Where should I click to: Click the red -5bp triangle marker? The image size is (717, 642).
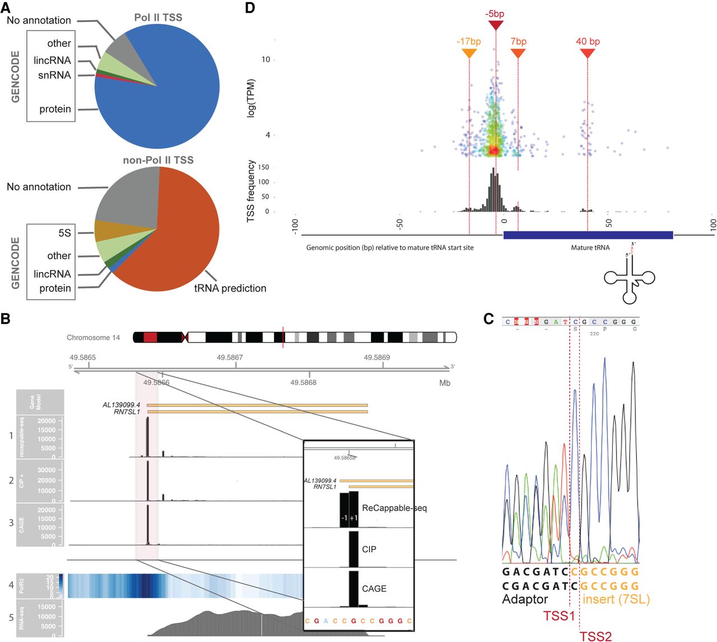(496, 25)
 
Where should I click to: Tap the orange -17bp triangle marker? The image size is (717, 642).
(469, 53)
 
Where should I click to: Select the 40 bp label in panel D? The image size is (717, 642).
(588, 41)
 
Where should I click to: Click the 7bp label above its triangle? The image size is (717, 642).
(518, 41)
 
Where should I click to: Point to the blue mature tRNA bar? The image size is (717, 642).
(588, 235)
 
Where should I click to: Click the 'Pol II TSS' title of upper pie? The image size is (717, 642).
(158, 17)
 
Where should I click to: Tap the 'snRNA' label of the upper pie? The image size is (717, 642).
(54, 75)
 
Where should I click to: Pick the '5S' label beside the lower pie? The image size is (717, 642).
(64, 233)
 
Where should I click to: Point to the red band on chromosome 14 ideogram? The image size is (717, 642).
(150, 337)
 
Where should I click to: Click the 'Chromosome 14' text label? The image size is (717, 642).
(93, 338)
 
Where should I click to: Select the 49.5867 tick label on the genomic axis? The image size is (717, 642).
(230, 357)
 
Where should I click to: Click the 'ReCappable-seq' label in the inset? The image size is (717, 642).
(394, 508)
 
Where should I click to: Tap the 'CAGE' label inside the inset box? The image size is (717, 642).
(374, 589)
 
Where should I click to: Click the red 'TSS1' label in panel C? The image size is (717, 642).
(558, 616)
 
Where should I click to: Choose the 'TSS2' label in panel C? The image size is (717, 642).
(595, 636)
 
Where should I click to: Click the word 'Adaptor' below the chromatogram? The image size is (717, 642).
(525, 599)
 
